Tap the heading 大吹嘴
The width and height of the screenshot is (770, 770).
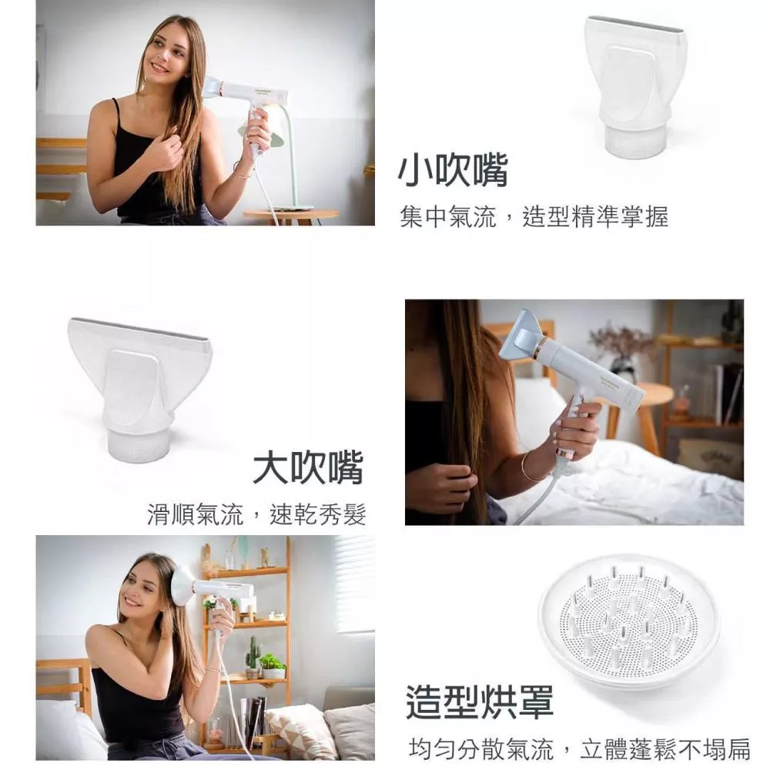[309, 467]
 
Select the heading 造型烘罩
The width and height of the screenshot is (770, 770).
[480, 702]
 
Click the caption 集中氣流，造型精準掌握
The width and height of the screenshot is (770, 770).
[534, 216]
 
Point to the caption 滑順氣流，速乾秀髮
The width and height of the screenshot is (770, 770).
[256, 514]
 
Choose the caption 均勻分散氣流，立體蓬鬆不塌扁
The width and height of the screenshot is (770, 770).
[580, 749]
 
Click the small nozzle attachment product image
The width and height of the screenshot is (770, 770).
[635, 86]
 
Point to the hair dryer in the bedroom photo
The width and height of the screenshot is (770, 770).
[570, 373]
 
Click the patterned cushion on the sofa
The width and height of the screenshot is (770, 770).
[294, 731]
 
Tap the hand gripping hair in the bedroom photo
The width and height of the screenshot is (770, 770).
[447, 490]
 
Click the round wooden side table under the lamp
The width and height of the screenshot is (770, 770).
[290, 216]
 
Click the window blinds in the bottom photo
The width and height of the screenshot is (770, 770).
[354, 584]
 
